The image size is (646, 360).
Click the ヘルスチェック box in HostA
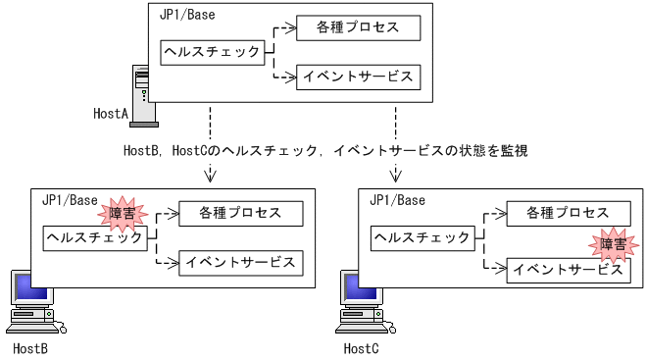pos(213,52)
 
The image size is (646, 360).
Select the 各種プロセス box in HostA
pos(358,27)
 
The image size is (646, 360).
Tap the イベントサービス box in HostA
pos(358,77)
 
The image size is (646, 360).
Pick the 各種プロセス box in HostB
pos(240,213)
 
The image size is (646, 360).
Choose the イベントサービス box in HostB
pos(240,262)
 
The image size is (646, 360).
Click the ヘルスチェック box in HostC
pos(422,237)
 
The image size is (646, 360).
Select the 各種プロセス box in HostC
pos(568,213)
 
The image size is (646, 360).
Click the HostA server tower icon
pos(142,95)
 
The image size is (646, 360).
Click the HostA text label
pos(111,115)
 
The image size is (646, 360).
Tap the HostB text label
pos(30,348)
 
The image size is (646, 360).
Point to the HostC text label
pos(361,348)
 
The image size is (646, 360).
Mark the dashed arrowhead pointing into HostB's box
pos(210,178)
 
